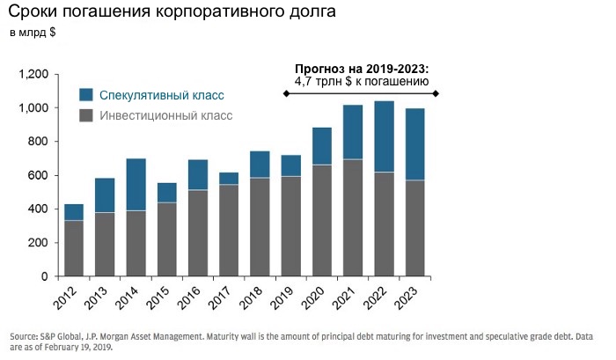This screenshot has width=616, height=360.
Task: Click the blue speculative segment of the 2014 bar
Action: coord(136,184)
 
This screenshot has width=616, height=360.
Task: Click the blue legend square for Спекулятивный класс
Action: coord(86,94)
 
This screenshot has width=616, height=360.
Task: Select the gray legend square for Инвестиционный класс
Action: coord(86,115)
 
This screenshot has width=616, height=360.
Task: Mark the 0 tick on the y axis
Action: coord(46,276)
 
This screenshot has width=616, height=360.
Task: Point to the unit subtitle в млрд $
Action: coord(33,33)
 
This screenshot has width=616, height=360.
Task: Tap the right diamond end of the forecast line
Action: coord(436,93)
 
